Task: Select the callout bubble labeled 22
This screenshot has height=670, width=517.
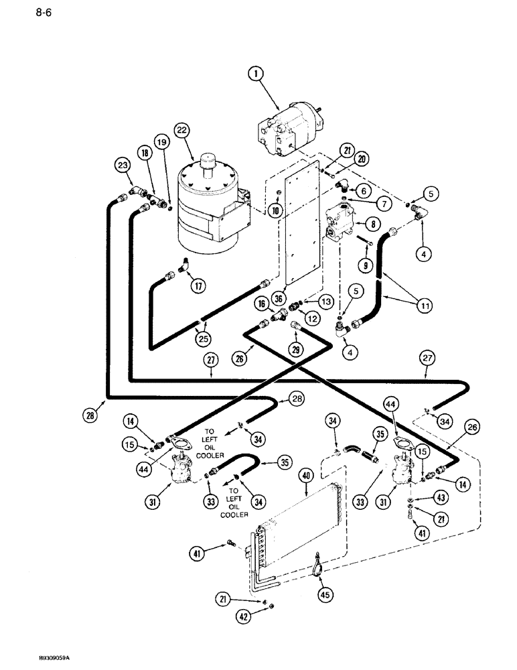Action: [161, 129]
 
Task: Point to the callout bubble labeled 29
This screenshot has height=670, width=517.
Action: [296, 350]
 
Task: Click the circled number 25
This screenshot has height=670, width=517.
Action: [203, 339]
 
